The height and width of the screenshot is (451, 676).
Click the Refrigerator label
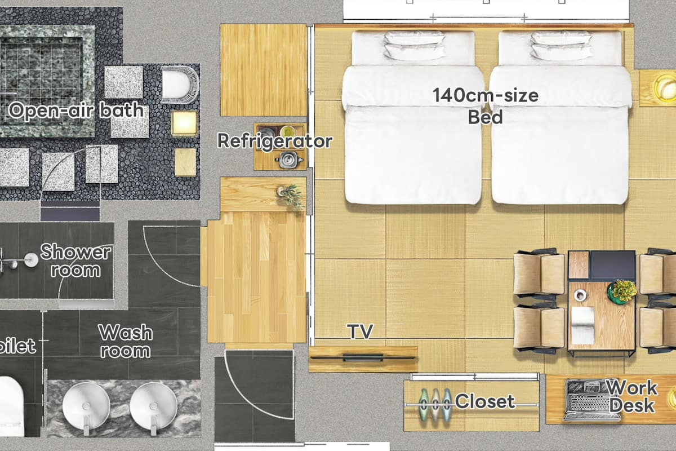coord(275,142)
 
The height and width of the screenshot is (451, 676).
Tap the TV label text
coord(360,331)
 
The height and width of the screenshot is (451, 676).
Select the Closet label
coord(485,401)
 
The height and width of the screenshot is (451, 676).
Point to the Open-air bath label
coord(76,110)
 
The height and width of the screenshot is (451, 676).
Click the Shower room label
coord(75,260)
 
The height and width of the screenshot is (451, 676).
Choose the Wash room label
coord(126,341)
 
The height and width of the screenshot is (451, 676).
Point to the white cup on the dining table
coord(580,295)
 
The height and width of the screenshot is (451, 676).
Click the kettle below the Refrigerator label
coord(288,160)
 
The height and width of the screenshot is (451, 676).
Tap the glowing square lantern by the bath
coord(184,123)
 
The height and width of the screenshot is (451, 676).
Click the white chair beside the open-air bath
coord(180,85)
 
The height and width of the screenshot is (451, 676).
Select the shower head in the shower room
coord(31,259)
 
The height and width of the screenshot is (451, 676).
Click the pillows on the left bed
coord(415,45)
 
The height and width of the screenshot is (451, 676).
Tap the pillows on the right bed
coord(561,45)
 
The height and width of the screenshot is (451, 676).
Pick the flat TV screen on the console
coord(363,358)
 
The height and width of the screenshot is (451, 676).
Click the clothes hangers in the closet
coord(435,404)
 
